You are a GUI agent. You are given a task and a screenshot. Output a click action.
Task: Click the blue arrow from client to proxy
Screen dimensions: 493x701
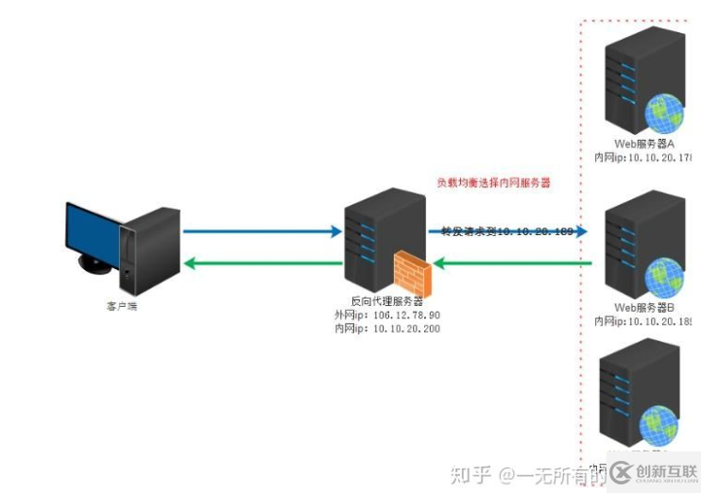coord(261,230)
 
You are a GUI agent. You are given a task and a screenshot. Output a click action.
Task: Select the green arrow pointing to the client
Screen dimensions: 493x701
coord(261,263)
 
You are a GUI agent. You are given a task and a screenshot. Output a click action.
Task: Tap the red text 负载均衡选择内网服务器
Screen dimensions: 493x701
coord(492,182)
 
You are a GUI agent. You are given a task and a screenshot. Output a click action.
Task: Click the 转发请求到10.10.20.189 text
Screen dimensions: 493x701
coord(507,230)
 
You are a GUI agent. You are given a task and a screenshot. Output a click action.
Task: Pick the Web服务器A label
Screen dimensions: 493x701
coord(644,143)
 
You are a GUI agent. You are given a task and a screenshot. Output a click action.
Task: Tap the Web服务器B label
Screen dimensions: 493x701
coord(644,308)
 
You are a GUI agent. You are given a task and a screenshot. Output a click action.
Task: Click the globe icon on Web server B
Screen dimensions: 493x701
coord(665,276)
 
